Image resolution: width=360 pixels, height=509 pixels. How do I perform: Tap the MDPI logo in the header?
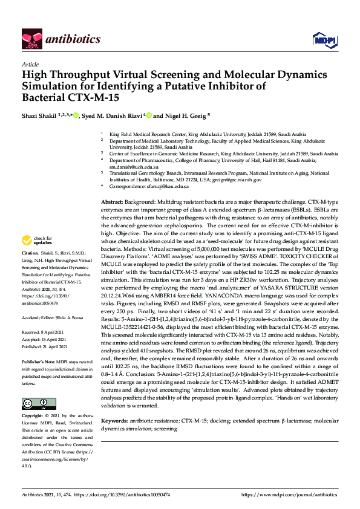[324, 39]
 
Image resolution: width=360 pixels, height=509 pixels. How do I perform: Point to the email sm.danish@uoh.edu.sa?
[134, 167]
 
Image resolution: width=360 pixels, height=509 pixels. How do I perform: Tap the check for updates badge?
[39, 241]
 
